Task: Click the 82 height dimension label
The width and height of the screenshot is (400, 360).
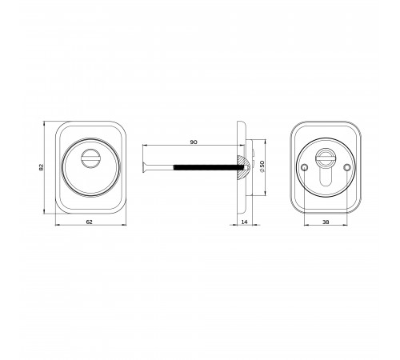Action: tap(41, 167)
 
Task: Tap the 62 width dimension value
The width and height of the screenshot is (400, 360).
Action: tap(90, 222)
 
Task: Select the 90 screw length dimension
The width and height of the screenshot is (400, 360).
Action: tap(194, 142)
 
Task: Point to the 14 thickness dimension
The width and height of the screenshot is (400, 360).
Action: tap(244, 222)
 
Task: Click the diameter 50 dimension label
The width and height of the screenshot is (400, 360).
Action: tap(262, 166)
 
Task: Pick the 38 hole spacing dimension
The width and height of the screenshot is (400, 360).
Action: tap(326, 222)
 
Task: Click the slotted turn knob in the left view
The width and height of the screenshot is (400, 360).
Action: tap(90, 158)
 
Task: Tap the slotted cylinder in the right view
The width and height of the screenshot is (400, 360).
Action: tap(325, 158)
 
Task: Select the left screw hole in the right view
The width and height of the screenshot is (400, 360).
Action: tap(304, 167)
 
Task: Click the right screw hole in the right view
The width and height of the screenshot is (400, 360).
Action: tap(347, 167)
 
